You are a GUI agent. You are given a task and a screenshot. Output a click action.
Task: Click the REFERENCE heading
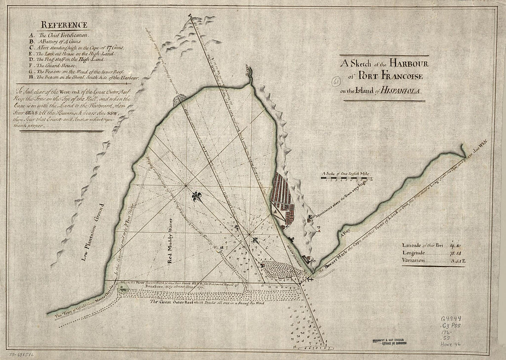63,25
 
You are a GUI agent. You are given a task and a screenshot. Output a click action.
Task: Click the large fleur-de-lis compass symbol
196,197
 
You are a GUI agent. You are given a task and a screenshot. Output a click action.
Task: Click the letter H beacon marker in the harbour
222,248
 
